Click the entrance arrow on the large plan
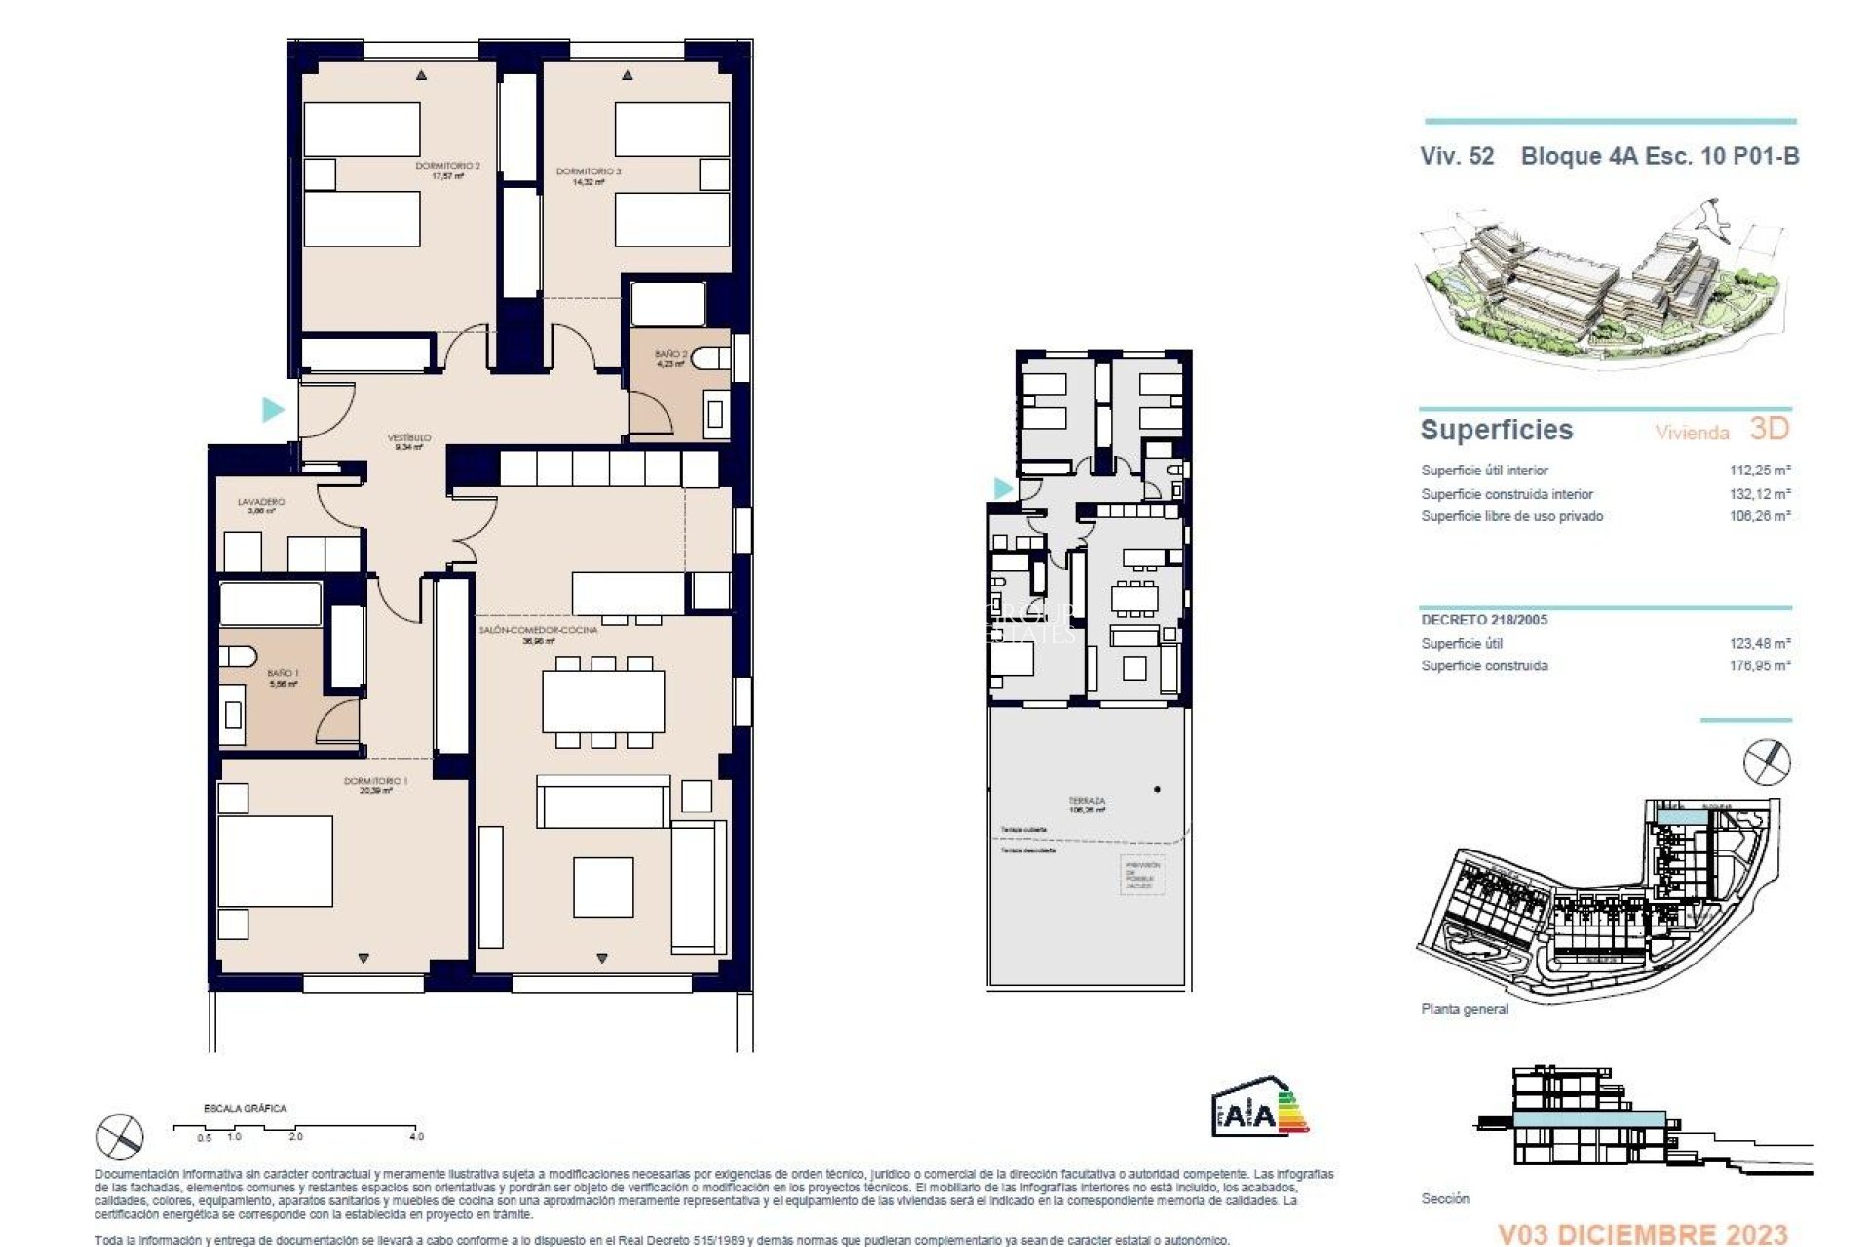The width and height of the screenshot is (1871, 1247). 273,409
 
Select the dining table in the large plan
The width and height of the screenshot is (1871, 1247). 603,701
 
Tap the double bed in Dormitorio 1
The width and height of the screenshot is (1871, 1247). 275,861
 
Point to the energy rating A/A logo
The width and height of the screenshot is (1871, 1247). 1259,1108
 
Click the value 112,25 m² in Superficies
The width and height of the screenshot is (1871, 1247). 1760,471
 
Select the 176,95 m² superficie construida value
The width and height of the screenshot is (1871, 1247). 1760,666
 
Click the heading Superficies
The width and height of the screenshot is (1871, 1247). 1497,430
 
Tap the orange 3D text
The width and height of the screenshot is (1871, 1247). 1770,428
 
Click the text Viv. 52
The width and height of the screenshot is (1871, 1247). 1457,156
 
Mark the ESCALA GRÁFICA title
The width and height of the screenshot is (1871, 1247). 245,1108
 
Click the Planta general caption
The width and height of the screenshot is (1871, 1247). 1464,1009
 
